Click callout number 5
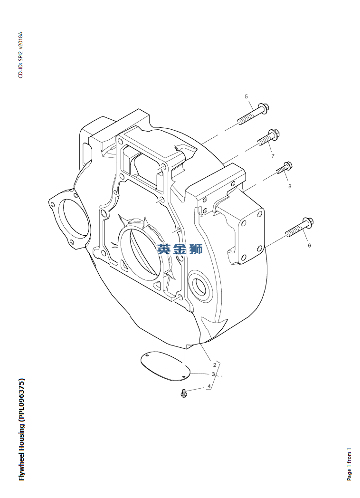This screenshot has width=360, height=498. (x=246, y=97)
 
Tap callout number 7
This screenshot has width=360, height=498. (x=273, y=156)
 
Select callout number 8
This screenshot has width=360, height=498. (x=290, y=186)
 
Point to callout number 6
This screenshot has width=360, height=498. (x=309, y=245)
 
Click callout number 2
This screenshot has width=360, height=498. (x=215, y=365)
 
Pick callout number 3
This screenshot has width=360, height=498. (x=214, y=374)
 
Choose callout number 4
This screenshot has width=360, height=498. (x=208, y=387)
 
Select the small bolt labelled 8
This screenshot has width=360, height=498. (x=284, y=169)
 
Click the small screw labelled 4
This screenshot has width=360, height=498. (x=184, y=393)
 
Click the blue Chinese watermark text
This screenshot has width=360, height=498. (x=180, y=249)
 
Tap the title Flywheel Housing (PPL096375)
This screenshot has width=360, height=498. (x=21, y=430)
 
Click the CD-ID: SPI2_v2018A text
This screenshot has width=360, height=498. (x=20, y=55)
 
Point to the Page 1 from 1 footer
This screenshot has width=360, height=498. (x=349, y=464)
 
